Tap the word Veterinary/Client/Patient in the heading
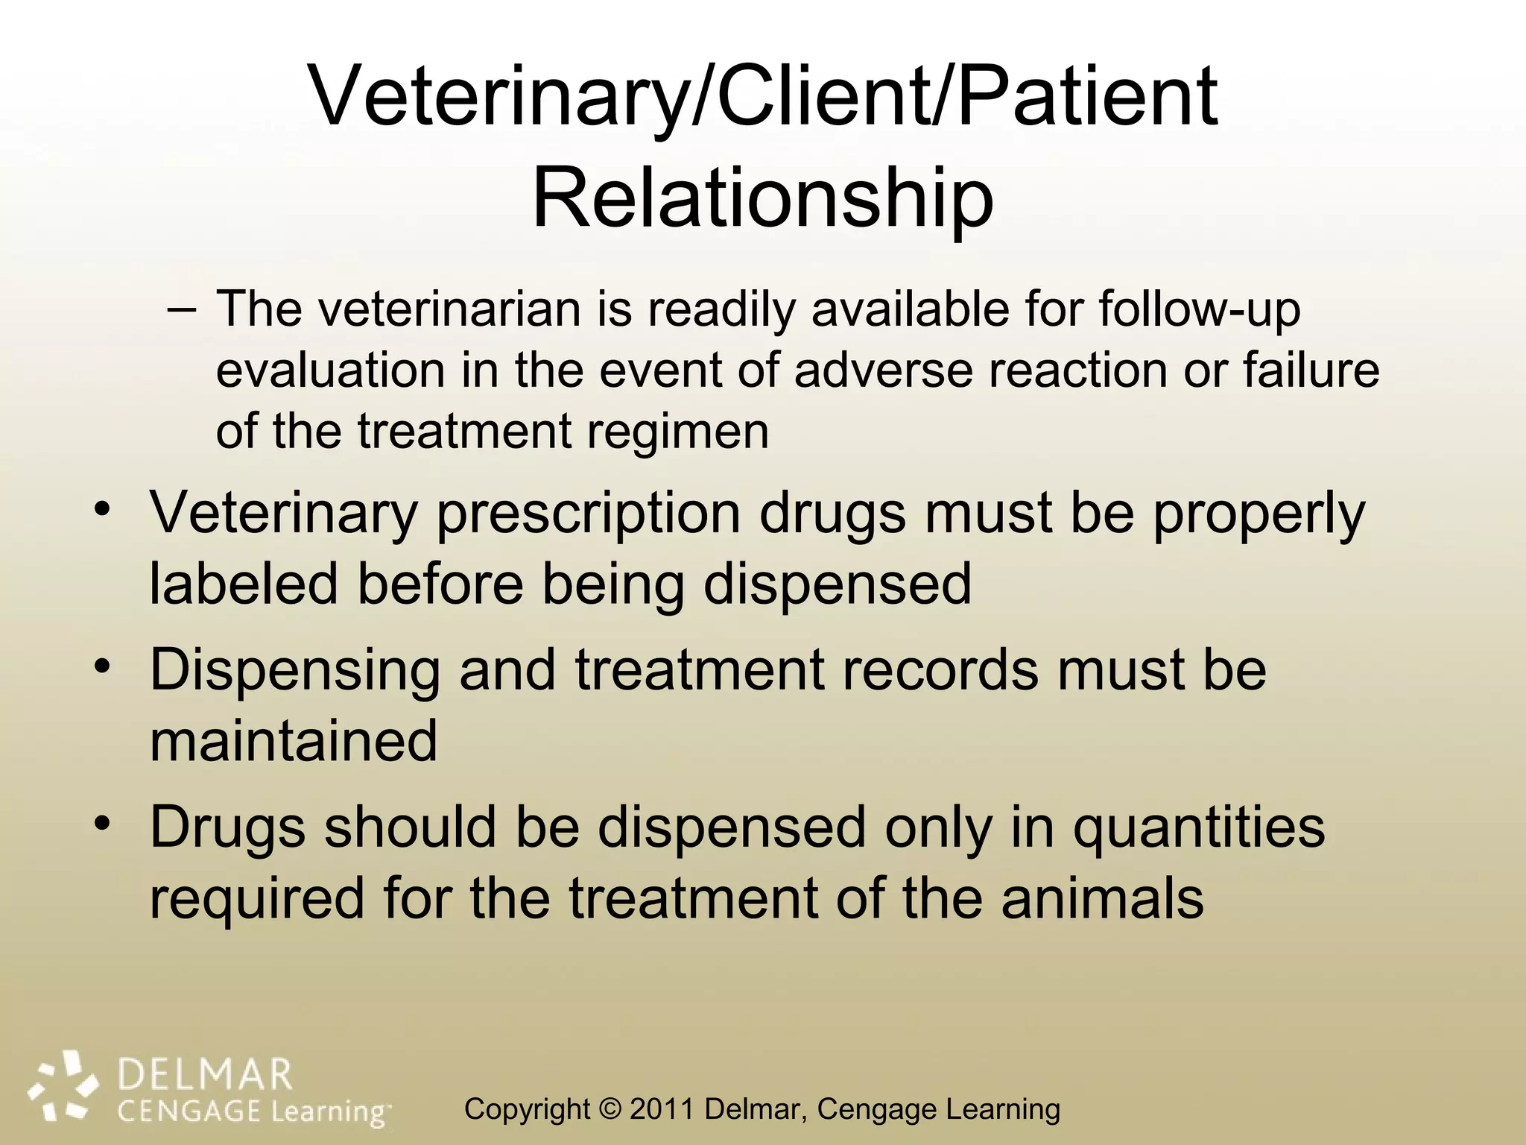click(763, 97)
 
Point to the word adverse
click(883, 370)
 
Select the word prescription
click(588, 515)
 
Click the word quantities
click(1199, 828)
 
